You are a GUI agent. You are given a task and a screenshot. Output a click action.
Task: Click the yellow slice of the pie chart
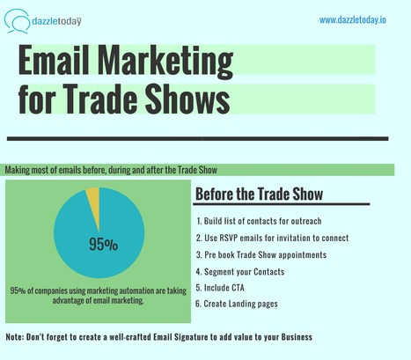click(92, 208)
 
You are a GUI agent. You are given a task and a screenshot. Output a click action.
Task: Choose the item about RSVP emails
click(273, 238)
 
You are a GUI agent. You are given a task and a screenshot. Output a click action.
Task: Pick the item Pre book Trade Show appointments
click(269, 254)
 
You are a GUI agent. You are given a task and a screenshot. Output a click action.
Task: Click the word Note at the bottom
click(15, 338)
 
